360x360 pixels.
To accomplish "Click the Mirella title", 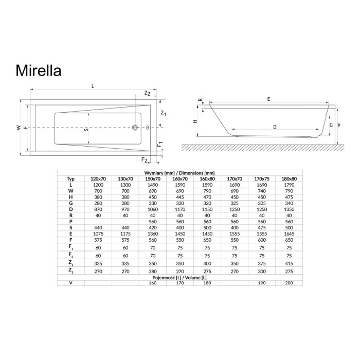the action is (x=39, y=70).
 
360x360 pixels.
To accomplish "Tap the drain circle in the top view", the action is (x=135, y=128).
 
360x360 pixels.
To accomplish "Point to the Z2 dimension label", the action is (x=147, y=93).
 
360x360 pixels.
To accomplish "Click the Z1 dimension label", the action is (x=164, y=114).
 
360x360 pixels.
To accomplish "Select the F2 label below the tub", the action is (x=144, y=160).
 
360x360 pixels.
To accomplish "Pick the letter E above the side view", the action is (x=268, y=99).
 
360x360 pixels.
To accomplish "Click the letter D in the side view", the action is (x=275, y=127).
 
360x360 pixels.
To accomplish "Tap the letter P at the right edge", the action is (x=339, y=125).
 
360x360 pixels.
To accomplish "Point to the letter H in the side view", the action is (x=195, y=121).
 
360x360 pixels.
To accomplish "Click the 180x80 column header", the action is (x=289, y=179).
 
